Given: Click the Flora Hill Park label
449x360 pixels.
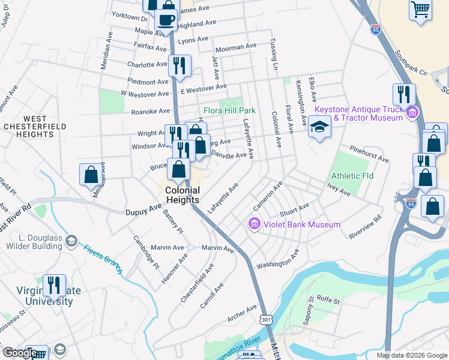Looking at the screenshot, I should pos(230,110).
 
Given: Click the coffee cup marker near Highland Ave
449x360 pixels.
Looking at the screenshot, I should pos(166,19).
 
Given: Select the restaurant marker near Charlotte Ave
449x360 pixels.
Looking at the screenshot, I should pos(179,65).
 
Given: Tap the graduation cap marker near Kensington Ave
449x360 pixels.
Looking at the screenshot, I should pos(319,128).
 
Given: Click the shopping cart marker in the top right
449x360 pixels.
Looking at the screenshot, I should pos(421,9).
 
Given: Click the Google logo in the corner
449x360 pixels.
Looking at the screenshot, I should pos(20,353).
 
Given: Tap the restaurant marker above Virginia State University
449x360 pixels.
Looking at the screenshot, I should pos(54,286).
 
